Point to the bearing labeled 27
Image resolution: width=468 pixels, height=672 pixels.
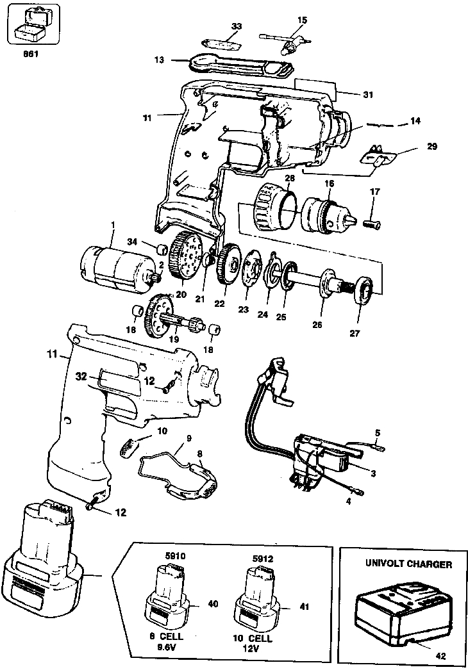tap(363, 293)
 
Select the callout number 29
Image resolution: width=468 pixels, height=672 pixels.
tap(431, 147)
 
